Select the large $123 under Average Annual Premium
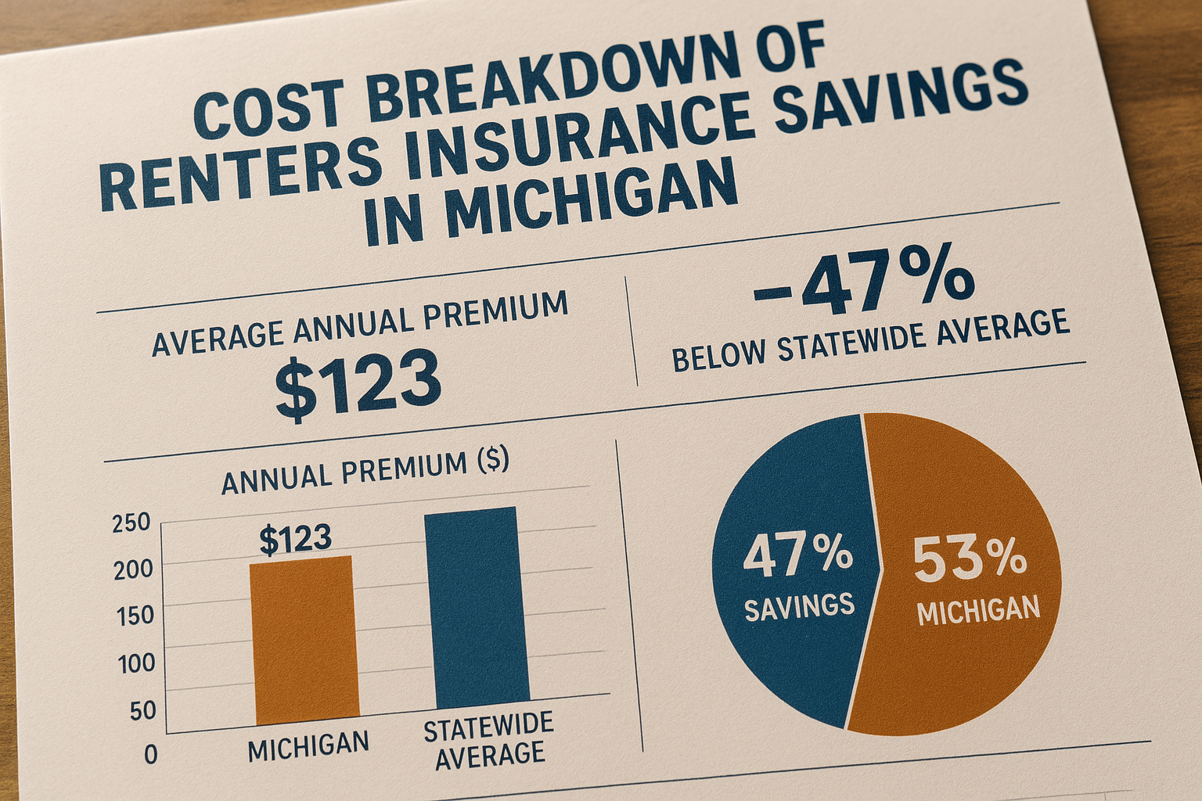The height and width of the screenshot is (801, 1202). tap(358, 384)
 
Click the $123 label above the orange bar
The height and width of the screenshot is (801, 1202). tap(295, 539)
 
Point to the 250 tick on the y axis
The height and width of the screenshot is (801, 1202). tap(131, 523)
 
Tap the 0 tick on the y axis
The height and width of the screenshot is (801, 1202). tap(150, 755)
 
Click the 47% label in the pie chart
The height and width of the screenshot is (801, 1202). tap(797, 555)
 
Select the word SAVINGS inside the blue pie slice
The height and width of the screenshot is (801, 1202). tap(799, 606)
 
